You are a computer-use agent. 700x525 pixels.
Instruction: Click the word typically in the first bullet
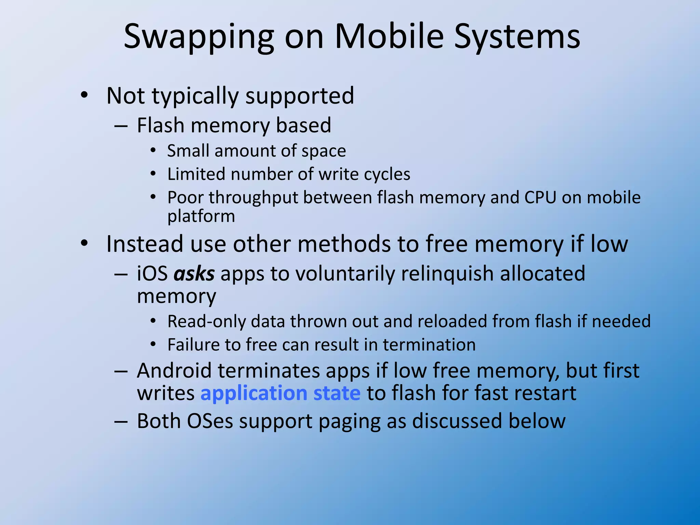pyautogui.click(x=195, y=96)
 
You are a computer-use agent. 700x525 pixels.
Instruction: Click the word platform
pyautogui.click(x=201, y=217)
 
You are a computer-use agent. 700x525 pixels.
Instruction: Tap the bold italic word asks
pyautogui.click(x=194, y=274)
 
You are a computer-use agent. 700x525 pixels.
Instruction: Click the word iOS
pyautogui.click(x=152, y=274)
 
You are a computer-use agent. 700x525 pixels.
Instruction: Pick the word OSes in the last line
pyautogui.click(x=210, y=421)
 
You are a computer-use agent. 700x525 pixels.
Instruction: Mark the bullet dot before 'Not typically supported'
pyautogui.click(x=84, y=95)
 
